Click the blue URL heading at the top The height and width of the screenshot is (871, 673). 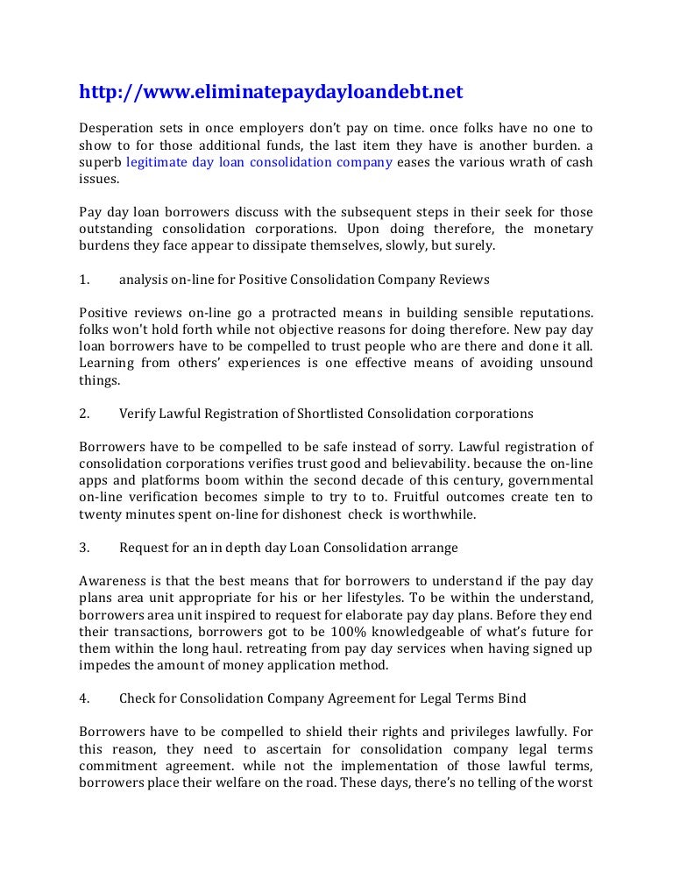tap(270, 92)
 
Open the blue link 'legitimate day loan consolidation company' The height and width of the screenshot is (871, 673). tap(259, 161)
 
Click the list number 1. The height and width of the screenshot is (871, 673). tap(85, 280)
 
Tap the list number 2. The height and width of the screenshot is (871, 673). tap(85, 413)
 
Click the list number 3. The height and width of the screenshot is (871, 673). tap(85, 548)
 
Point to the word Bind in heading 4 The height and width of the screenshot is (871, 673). tap(513, 698)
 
